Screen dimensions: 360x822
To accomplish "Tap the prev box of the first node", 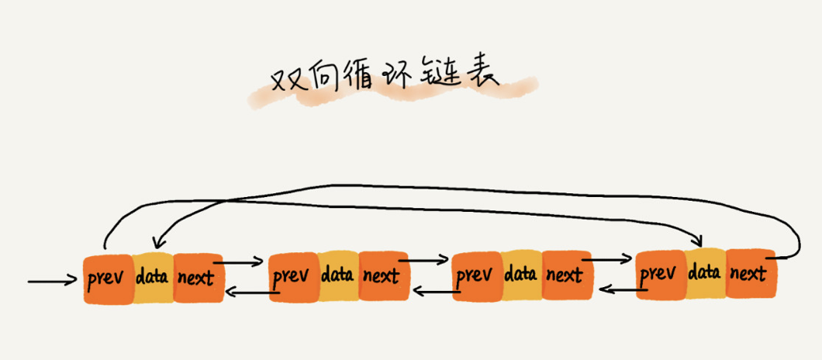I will tap(108, 277).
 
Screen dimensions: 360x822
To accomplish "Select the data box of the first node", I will tap(152, 275).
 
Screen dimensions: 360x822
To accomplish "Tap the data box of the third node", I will tap(520, 274).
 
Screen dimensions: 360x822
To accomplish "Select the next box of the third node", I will tap(565, 275).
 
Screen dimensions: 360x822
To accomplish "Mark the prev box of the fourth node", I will tap(660, 274).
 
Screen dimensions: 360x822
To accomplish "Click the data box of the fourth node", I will tap(705, 272).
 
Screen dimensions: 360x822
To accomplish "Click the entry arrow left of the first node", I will tap(52, 281).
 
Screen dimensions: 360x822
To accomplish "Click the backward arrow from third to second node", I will tap(436, 292).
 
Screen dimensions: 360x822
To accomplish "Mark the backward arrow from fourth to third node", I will tap(620, 290).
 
